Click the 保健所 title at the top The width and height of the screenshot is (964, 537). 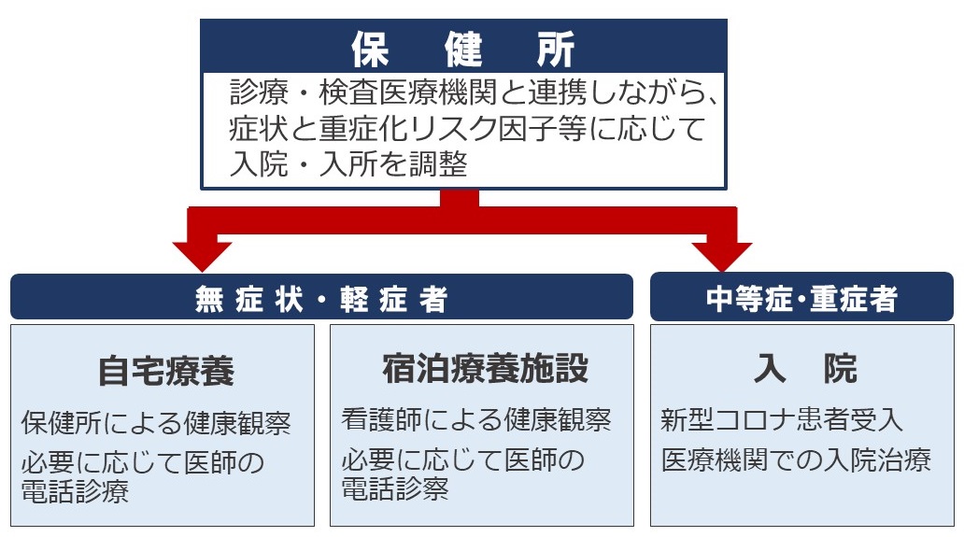(464, 49)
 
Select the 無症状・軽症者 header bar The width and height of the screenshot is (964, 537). (321, 298)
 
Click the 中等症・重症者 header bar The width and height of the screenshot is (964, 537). (801, 298)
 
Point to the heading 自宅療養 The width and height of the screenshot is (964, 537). (165, 371)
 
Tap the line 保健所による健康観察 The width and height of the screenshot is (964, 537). (156, 423)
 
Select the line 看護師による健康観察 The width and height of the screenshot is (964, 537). (476, 420)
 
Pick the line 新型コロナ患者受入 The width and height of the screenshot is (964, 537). (782, 420)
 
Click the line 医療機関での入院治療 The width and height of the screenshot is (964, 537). (797, 460)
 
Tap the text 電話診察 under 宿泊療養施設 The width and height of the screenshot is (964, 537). (395, 488)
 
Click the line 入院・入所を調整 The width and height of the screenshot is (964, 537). (347, 164)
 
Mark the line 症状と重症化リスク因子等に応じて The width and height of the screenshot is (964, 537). (466, 129)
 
